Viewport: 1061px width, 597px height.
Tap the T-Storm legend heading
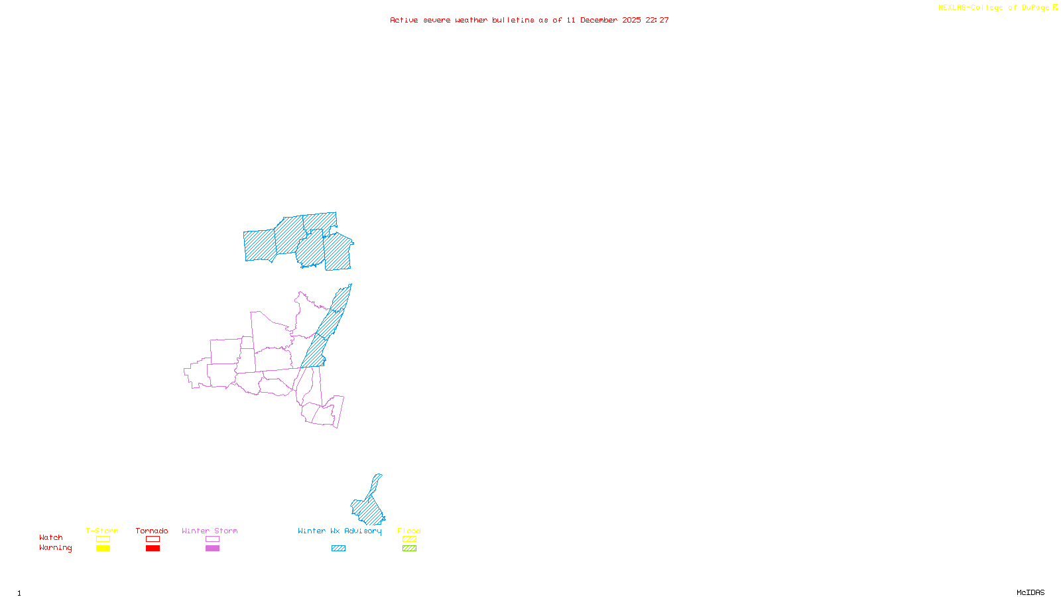click(x=102, y=531)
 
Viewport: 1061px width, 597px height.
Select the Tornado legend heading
click(x=152, y=531)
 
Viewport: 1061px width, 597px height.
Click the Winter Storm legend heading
click(x=210, y=531)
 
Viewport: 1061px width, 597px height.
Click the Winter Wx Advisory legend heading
click(x=340, y=531)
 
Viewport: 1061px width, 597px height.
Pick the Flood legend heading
click(x=409, y=531)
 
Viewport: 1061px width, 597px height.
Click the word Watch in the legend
click(x=51, y=537)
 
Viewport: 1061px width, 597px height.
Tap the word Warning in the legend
click(x=55, y=548)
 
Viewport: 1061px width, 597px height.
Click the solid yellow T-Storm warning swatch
click(x=103, y=549)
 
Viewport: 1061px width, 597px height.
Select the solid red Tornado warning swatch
click(x=153, y=549)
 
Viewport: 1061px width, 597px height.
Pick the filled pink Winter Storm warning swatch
click(x=212, y=549)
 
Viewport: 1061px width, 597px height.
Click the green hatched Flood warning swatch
click(x=410, y=549)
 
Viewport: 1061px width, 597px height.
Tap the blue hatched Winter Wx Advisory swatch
click(x=338, y=549)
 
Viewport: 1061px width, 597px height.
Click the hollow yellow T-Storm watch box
click(x=103, y=539)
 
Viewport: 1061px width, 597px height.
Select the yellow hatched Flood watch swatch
click(x=410, y=539)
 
